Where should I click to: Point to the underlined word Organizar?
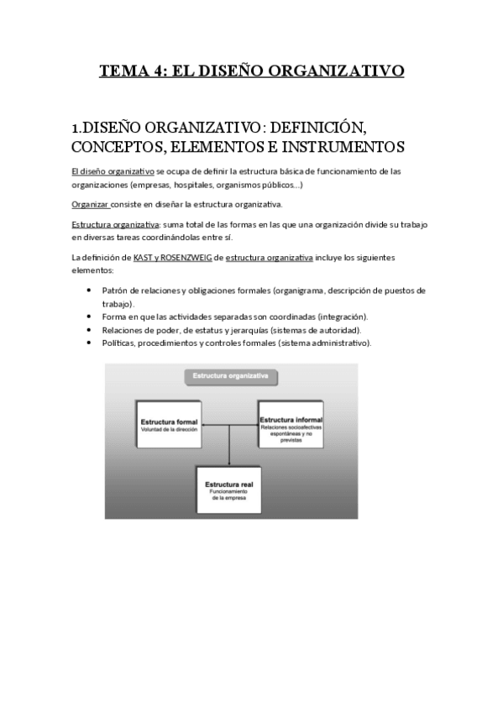[91, 204]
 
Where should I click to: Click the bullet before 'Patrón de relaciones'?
[90, 290]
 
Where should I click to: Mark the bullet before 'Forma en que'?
[90, 317]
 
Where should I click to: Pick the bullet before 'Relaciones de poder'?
[90, 330]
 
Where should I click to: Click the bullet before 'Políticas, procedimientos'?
[90, 343]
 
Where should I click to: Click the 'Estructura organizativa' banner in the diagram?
[231, 377]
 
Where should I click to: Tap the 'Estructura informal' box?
[291, 426]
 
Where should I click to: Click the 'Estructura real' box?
[229, 489]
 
